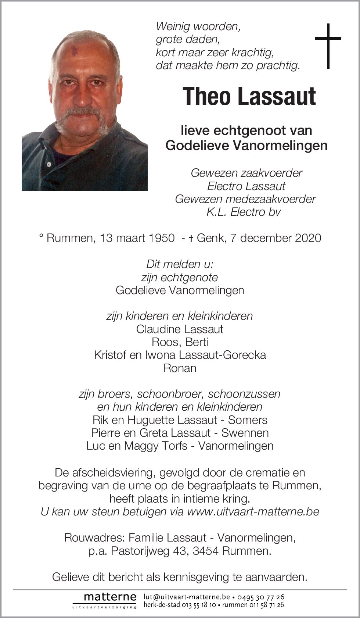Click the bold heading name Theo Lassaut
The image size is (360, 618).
point(249,97)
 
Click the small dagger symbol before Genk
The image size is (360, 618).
point(191,239)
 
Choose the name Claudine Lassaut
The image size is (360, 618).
point(180,329)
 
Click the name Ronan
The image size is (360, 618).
point(180,368)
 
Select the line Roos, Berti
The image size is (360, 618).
point(180,342)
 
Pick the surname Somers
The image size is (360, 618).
point(248,420)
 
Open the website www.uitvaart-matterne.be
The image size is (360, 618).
point(253,512)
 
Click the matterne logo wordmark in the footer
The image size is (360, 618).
point(110,597)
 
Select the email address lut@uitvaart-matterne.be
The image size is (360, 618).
point(187,597)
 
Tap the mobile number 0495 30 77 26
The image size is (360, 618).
point(260,597)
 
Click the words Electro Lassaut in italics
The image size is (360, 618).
point(246,186)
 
